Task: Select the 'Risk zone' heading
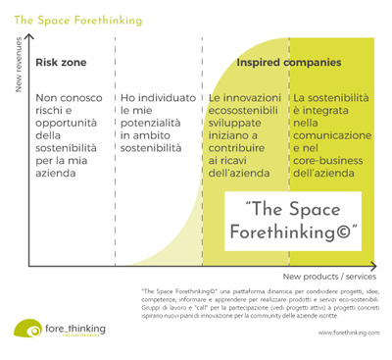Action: (x=61, y=63)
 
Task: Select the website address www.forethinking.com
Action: (x=348, y=333)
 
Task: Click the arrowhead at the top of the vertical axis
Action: (x=31, y=38)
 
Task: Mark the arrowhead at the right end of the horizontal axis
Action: (x=375, y=267)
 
